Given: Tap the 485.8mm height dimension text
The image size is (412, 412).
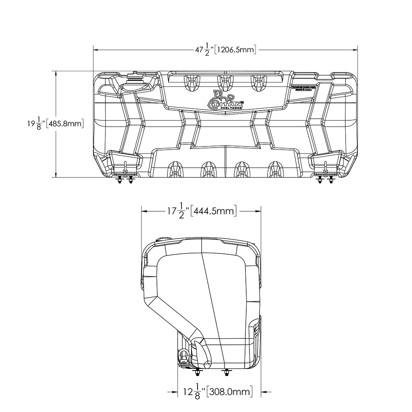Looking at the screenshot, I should pyautogui.click(x=65, y=124).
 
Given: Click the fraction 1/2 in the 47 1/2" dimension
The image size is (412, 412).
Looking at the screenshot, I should pyautogui.click(x=207, y=50).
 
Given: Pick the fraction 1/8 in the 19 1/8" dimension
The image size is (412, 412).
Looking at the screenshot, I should pyautogui.click(x=39, y=124).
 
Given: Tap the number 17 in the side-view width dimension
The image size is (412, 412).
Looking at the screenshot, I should pyautogui.click(x=172, y=210).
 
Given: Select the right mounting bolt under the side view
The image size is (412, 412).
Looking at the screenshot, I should pyautogui.click(x=227, y=372).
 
